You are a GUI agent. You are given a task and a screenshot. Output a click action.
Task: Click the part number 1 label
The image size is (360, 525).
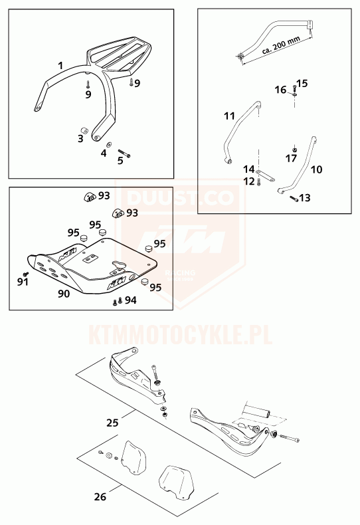(60, 65)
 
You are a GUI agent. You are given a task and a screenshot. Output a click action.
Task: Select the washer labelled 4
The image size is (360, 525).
(109, 145)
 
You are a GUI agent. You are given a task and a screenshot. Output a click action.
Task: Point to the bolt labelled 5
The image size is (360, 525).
(124, 153)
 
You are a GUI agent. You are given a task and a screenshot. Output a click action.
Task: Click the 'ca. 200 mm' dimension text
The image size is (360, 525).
(281, 45)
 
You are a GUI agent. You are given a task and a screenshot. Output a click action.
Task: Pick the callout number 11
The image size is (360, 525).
(230, 116)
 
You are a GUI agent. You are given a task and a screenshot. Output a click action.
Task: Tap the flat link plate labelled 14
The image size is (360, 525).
(265, 176)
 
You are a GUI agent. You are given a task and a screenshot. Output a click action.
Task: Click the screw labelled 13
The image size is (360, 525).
(294, 198)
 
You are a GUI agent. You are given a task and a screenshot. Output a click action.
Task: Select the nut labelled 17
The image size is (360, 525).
(294, 149)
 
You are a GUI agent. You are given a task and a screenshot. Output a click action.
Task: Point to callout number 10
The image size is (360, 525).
(317, 169)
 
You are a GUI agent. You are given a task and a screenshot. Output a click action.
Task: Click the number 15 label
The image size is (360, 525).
(302, 83)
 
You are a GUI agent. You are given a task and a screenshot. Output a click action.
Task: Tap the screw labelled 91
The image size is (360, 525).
(25, 274)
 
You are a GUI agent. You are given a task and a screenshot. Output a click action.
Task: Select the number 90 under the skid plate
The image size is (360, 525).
(64, 294)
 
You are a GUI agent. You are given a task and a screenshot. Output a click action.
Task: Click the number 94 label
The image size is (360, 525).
(130, 300)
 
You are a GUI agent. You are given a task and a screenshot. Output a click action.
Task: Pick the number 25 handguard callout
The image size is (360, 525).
(112, 423)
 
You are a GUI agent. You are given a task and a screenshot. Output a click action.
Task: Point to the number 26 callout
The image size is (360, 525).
(100, 496)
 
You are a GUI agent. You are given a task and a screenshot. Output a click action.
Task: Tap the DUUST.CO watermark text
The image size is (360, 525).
(181, 197)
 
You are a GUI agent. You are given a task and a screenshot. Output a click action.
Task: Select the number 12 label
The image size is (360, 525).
(249, 181)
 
